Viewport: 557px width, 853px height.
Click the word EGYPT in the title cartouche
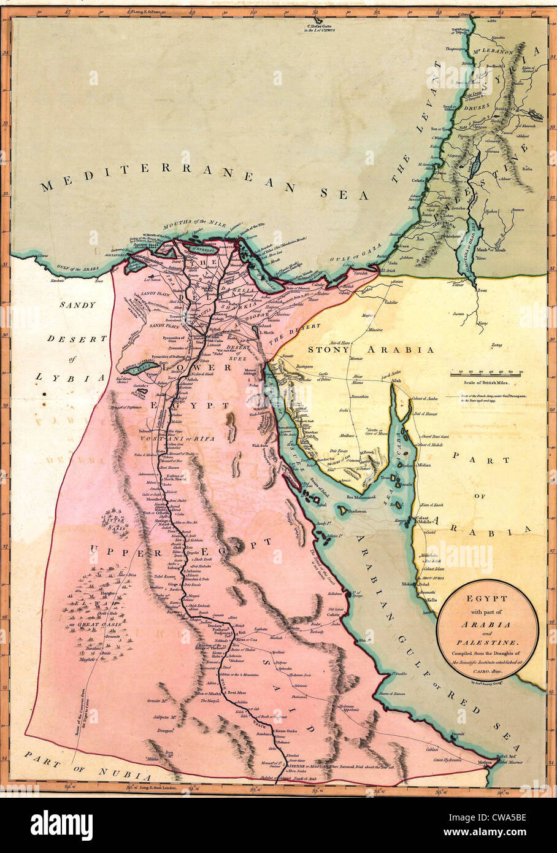[488, 596]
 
